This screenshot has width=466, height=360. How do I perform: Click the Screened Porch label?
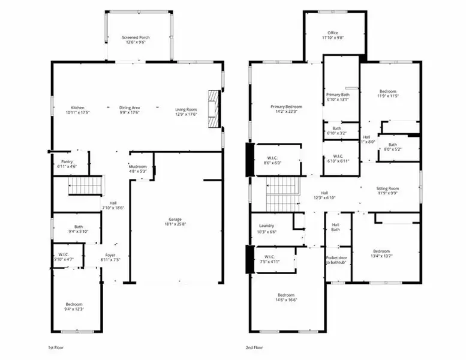point(136,38)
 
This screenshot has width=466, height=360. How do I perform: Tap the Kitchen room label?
point(78,109)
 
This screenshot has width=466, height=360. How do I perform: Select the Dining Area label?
point(130,109)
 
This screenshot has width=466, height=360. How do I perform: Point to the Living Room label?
point(186,109)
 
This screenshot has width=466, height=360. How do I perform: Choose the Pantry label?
point(67,162)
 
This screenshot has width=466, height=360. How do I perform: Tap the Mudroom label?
point(138,167)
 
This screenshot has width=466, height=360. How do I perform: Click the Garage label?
point(175,220)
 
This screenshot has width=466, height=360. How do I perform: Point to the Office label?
point(333,33)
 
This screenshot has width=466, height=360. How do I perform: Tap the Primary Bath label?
point(337,95)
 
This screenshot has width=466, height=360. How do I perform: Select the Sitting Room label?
point(388,188)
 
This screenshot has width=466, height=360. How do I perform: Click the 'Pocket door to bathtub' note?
point(337,261)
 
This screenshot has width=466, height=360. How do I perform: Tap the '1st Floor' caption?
point(56,347)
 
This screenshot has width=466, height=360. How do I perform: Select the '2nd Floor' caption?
point(254,347)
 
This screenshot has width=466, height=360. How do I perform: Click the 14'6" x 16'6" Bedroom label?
point(285,295)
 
